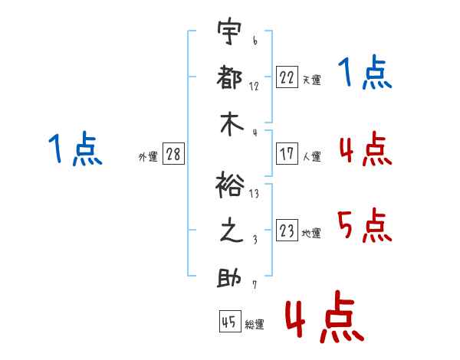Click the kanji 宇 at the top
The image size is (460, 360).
point(229,33)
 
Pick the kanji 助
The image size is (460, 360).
point(229,277)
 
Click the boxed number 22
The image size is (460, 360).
point(287,77)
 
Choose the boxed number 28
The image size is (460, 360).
point(173,154)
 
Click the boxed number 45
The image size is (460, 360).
point(228,322)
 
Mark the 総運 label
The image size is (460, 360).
point(255,325)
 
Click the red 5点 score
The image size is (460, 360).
point(365,225)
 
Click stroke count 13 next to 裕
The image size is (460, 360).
point(254,194)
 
